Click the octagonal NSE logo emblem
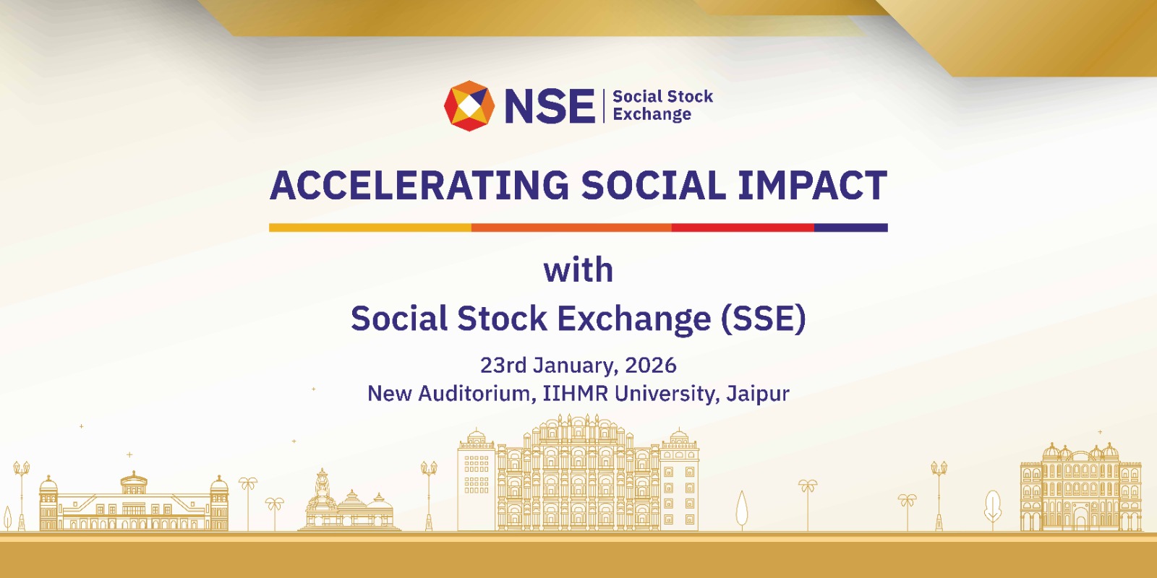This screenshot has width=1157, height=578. click(x=469, y=105)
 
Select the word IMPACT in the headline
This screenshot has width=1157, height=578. click(x=812, y=186)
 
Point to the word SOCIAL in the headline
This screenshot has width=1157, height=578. click(x=653, y=186)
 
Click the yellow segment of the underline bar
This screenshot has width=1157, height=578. click(x=370, y=228)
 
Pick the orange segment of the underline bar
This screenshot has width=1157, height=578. click(x=571, y=228)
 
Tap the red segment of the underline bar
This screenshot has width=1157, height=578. click(x=743, y=228)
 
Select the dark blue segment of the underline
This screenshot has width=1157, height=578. click(x=850, y=228)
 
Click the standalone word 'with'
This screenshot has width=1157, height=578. click(x=578, y=270)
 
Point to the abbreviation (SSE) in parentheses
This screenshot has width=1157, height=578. click(x=763, y=319)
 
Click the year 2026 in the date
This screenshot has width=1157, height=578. click(x=650, y=366)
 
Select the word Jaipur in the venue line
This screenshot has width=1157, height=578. click(x=757, y=394)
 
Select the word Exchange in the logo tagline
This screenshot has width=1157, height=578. click(x=652, y=115)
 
